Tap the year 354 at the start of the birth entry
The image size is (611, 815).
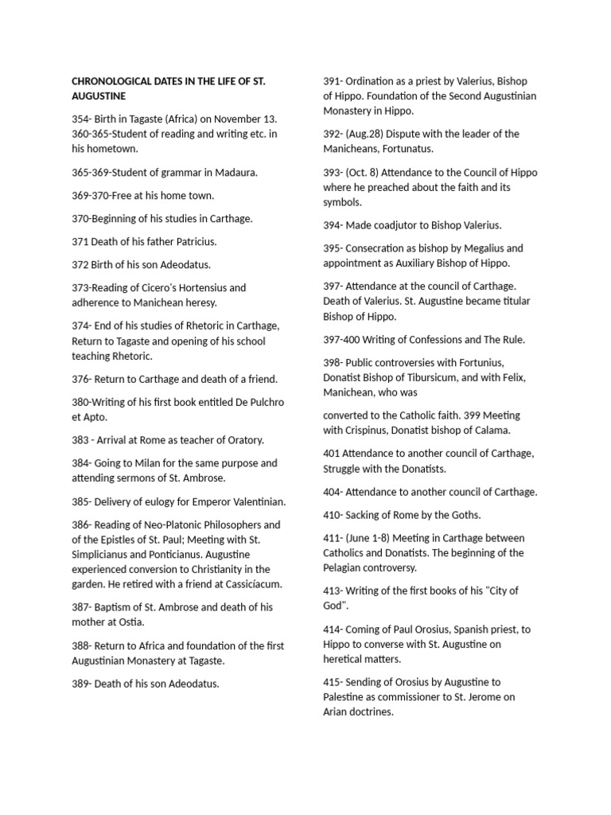click(x=81, y=119)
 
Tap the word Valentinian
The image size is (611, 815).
click(x=251, y=501)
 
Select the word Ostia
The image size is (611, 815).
click(x=128, y=622)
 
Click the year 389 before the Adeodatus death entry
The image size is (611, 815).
click(x=81, y=683)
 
